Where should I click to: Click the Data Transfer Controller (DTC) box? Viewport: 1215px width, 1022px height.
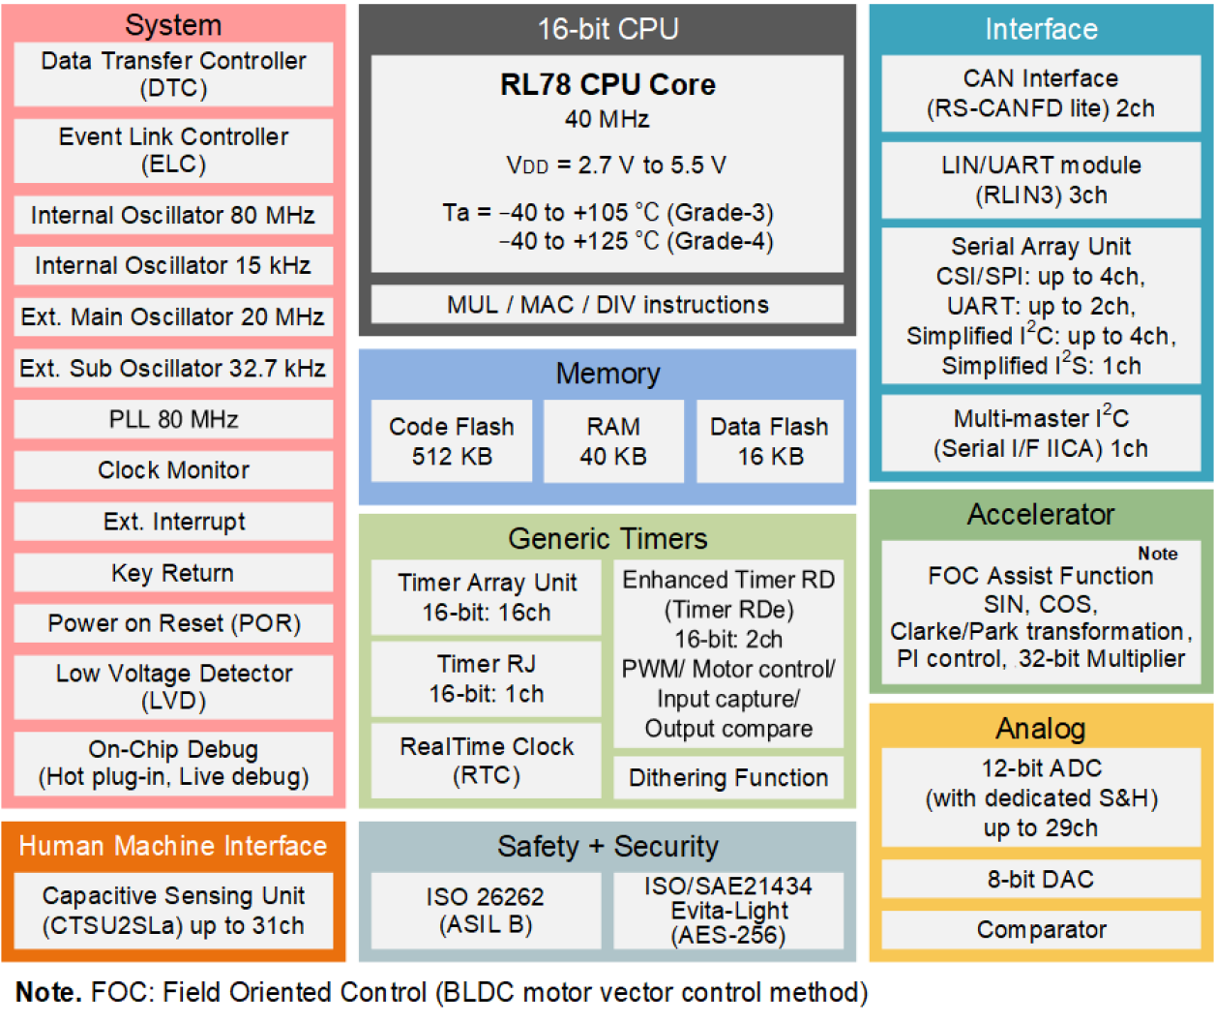tap(173, 75)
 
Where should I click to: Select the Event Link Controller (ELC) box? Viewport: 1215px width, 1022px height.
tap(173, 150)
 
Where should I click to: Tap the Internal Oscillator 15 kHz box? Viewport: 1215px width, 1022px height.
tap(173, 265)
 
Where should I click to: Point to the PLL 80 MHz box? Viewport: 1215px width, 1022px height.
tap(173, 419)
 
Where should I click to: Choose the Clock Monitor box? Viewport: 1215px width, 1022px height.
tap(173, 470)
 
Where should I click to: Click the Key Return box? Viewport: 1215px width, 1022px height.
tap(173, 573)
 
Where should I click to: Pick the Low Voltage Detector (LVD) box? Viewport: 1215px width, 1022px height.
tap(173, 686)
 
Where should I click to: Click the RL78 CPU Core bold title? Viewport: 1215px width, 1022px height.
tap(607, 85)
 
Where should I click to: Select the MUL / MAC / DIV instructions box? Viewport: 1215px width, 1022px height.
tap(607, 305)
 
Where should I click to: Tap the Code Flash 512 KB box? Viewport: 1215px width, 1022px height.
tap(452, 441)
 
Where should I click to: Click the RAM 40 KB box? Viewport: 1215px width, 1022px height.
tap(613, 441)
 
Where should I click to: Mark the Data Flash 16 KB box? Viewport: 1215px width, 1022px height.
tap(770, 441)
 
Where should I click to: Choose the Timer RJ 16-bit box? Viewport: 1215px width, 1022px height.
tap(487, 678)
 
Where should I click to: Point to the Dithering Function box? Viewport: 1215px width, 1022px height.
tap(728, 778)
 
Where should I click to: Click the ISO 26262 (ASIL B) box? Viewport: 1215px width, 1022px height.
tap(486, 911)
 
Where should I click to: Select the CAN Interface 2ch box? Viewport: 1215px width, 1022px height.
tap(1041, 94)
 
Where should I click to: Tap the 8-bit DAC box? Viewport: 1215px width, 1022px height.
tap(1041, 879)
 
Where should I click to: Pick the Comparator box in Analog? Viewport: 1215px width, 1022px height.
tap(1041, 930)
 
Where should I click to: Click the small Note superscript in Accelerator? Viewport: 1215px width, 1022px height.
tap(1157, 554)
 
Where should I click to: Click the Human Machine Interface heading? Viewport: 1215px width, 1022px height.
tap(173, 846)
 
